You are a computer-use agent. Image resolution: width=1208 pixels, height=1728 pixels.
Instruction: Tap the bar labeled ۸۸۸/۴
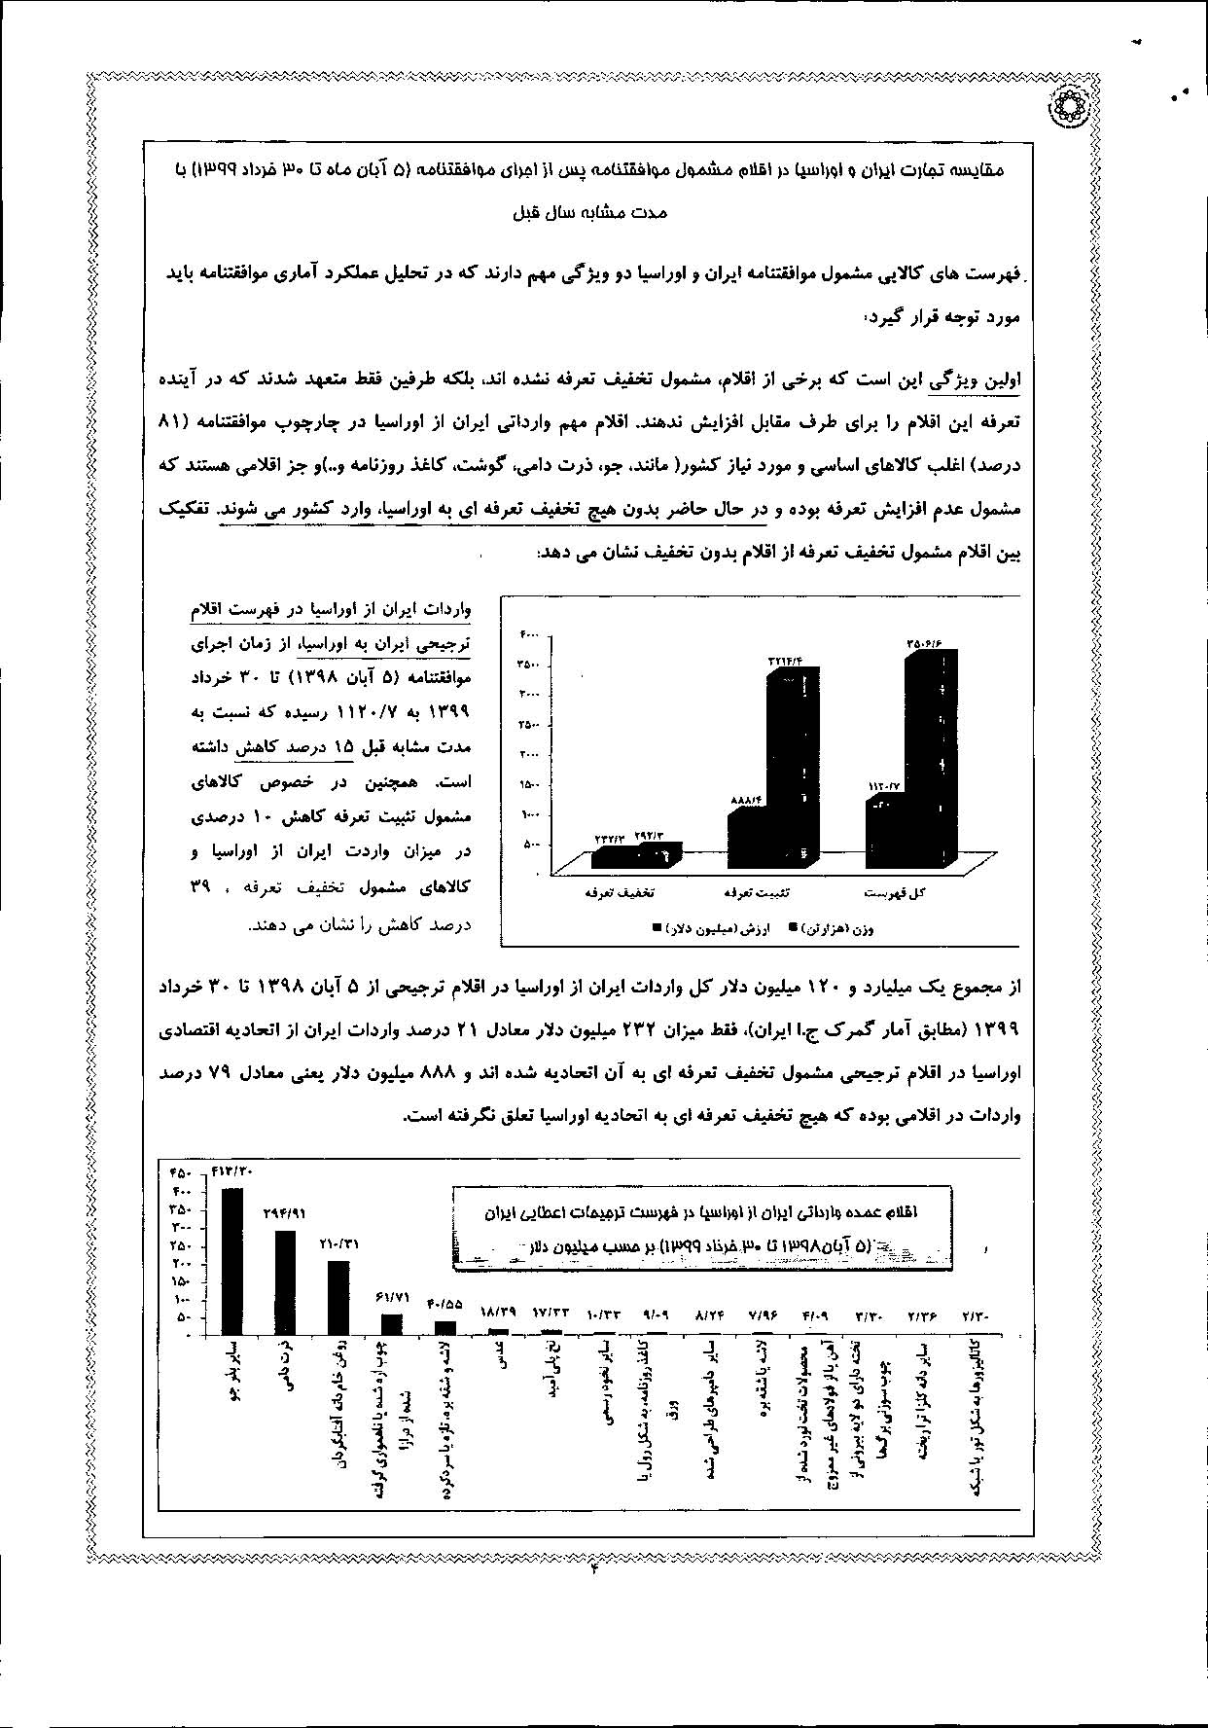coord(749,839)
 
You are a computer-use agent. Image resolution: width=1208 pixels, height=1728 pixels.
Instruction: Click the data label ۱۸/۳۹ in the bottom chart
coord(498,1312)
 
